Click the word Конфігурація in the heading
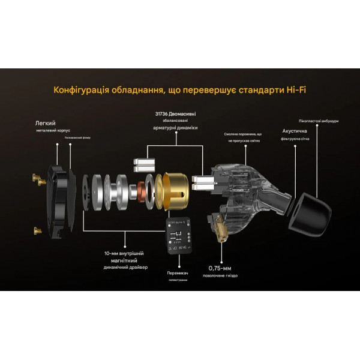click(x=80, y=91)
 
